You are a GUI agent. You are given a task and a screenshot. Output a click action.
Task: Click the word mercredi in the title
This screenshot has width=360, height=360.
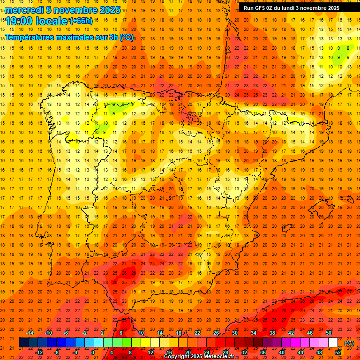pyautogui.click(x=24, y=10)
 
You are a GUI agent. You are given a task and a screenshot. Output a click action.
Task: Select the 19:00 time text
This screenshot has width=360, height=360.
pyautogui.click(x=19, y=21)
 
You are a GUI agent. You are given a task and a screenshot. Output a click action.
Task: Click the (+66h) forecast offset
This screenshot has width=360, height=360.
pyautogui.click(x=81, y=21)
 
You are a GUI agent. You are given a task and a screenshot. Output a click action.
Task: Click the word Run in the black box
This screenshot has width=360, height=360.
pyautogui.click(x=248, y=8)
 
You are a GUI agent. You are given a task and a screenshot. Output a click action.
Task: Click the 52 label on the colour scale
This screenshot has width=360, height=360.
pyautogui.click(x=338, y=352)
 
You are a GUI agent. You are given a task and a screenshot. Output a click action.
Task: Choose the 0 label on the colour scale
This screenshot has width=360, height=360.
pyautogui.click(x=93, y=352)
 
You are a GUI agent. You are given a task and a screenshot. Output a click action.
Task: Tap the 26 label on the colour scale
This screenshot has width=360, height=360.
pyautogui.click(x=216, y=333)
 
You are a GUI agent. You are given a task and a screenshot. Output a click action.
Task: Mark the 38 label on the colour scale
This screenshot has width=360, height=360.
pyautogui.click(x=272, y=333)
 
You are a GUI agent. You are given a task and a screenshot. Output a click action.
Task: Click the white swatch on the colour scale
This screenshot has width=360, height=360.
pyautogui.click(x=333, y=343)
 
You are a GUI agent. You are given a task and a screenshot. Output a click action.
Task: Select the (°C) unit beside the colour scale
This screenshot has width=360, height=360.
pyautogui.click(x=349, y=343)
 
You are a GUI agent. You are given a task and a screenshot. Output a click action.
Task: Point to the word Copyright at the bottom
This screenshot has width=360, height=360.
pyautogui.click(x=178, y=357)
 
